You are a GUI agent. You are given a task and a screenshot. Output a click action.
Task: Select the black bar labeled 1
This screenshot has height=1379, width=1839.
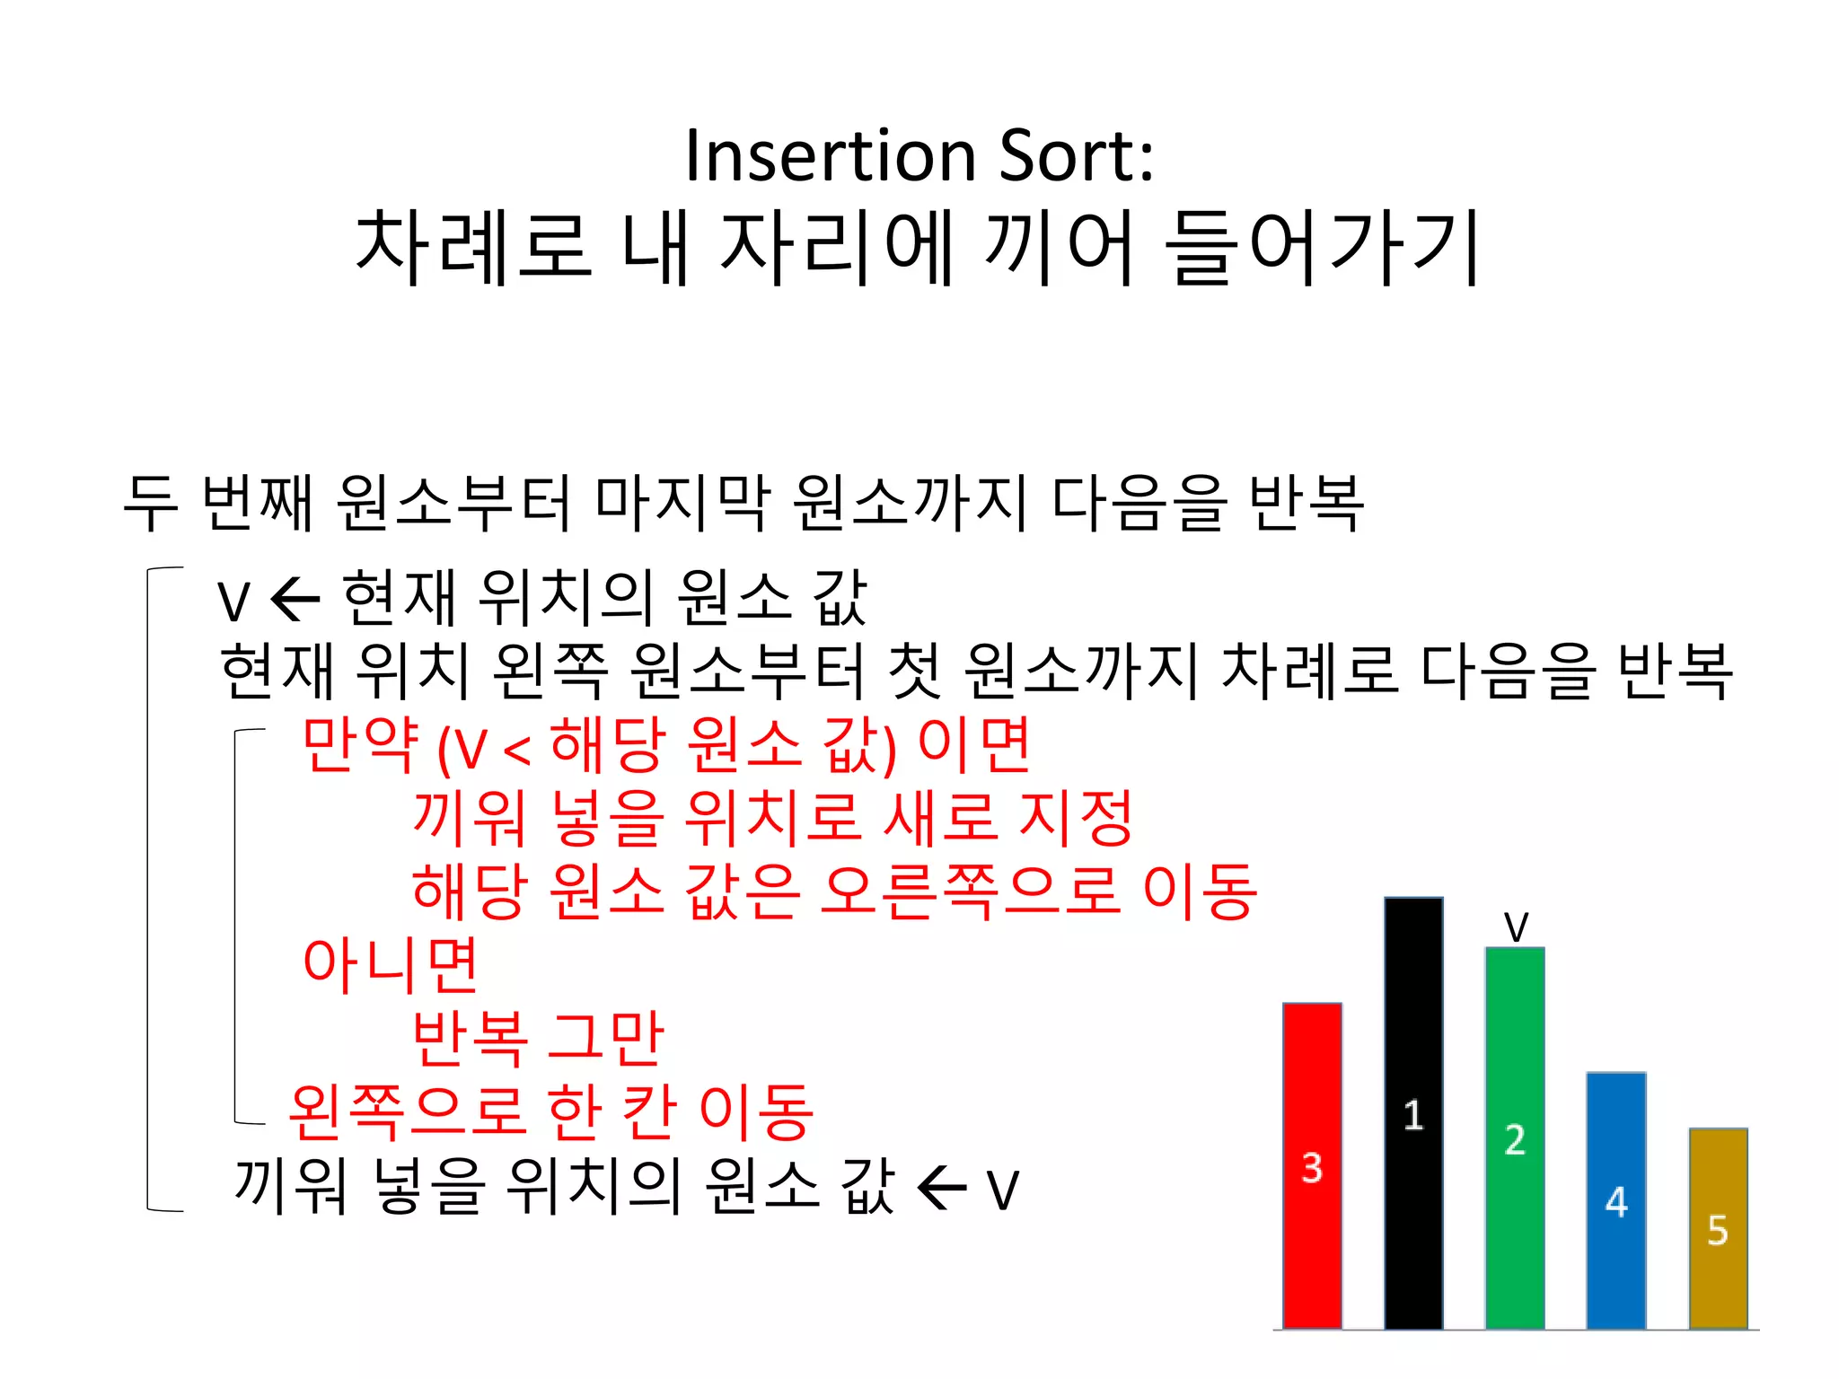(x=1413, y=1113)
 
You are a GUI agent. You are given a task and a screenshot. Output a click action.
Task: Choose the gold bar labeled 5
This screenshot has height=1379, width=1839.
(x=1718, y=1229)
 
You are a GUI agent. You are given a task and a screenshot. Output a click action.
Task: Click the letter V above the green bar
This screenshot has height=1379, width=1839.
(x=1516, y=927)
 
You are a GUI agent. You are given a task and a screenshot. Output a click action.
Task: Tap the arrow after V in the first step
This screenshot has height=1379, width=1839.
(x=295, y=599)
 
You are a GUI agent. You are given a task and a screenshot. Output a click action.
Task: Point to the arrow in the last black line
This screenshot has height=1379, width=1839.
(x=942, y=1189)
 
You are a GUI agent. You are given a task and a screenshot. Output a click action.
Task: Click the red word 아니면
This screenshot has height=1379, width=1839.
(x=391, y=964)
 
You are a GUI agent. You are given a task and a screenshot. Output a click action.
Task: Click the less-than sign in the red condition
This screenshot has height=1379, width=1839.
(x=517, y=750)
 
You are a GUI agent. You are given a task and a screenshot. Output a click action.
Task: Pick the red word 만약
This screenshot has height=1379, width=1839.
(x=360, y=744)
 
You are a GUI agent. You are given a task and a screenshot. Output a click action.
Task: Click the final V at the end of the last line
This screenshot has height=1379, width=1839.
(x=1003, y=1190)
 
